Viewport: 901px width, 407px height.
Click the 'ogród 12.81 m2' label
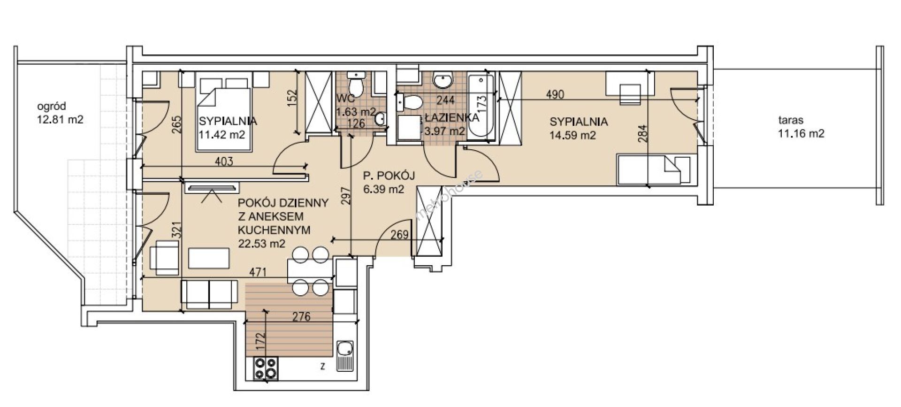pyautogui.click(x=60, y=113)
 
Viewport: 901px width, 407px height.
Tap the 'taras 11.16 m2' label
pyautogui.click(x=801, y=126)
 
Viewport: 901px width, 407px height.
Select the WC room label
pyautogui.click(x=344, y=100)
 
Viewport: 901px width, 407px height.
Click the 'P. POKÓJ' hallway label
pyautogui.click(x=389, y=176)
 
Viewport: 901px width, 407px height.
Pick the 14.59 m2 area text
pyautogui.click(x=573, y=136)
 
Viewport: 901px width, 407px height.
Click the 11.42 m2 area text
pyautogui.click(x=222, y=135)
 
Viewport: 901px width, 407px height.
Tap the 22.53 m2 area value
pyautogui.click(x=262, y=243)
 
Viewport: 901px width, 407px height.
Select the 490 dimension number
pyautogui.click(x=555, y=94)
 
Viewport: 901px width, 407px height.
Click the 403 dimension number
pyautogui.click(x=224, y=162)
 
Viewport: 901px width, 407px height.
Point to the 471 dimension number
pyautogui.click(x=258, y=272)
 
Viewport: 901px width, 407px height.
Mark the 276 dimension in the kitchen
pyautogui.click(x=301, y=317)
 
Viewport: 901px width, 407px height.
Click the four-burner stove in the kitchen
pyautogui.click(x=266, y=368)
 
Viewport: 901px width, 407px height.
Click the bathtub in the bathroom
pyautogui.click(x=481, y=106)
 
